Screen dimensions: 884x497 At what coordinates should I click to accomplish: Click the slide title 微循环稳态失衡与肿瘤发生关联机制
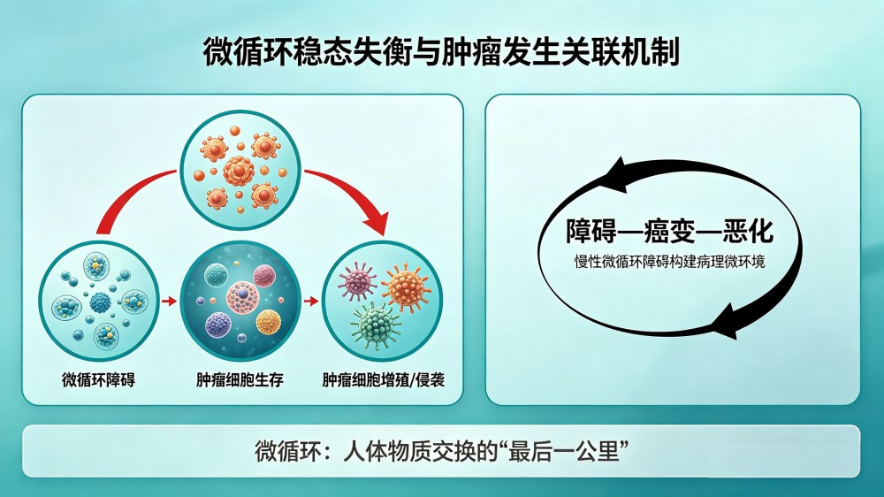pos(441,52)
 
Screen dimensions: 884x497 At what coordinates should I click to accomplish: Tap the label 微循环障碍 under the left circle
pos(99,379)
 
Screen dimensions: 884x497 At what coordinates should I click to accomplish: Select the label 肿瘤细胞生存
pos(240,379)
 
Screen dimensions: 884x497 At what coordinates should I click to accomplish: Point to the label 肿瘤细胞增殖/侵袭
pos(384,379)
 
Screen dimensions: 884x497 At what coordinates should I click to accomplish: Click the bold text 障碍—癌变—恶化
pos(669,231)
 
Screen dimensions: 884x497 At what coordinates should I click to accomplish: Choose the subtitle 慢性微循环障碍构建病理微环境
pos(669,262)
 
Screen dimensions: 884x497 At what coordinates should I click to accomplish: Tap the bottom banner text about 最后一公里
pos(442,451)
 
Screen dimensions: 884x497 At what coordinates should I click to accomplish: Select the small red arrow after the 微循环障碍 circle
pos(169,302)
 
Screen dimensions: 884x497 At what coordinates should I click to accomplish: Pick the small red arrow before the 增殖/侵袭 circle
pos(311,302)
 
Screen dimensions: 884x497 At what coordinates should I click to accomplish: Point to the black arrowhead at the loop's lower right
pos(725,322)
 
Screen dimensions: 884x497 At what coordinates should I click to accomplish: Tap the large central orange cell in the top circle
pos(239,171)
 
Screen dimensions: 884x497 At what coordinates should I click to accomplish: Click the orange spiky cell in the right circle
pos(406,286)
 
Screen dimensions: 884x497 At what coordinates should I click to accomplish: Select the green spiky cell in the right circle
pos(375,325)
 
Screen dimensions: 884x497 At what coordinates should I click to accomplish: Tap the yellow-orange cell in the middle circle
pos(269,322)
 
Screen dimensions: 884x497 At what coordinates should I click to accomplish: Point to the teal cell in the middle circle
pos(215,275)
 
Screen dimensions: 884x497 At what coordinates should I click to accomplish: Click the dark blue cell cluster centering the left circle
pos(101,303)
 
